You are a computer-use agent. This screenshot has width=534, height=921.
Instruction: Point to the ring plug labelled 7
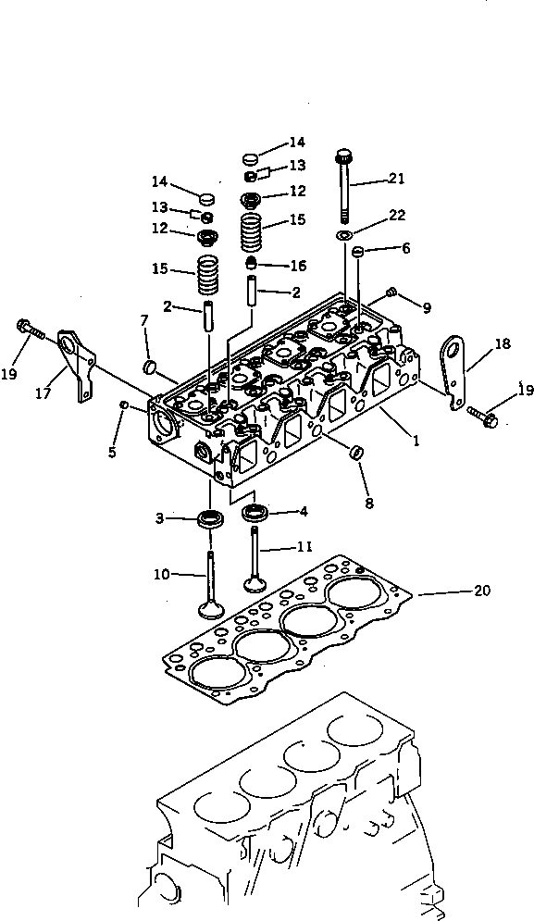pyautogui.click(x=149, y=368)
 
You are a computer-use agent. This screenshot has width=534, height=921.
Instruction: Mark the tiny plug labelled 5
pyautogui.click(x=124, y=404)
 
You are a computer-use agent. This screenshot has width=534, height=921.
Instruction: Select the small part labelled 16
pyautogui.click(x=250, y=266)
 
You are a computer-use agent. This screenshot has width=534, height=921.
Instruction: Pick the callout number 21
pyautogui.click(x=397, y=179)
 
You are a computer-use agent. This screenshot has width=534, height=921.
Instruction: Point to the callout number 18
pyautogui.click(x=502, y=343)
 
